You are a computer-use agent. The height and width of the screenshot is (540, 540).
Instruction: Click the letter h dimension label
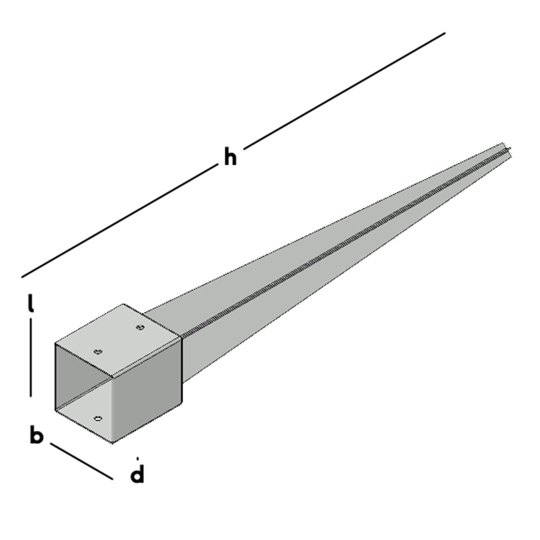[230, 157]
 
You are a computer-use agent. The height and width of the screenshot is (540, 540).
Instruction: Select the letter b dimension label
[36, 435]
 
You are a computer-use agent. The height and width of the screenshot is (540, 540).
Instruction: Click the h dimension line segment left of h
[119, 222]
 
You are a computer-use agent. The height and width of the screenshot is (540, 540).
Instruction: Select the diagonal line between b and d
[82, 461]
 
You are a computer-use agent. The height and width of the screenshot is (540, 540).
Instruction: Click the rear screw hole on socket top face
[140, 327]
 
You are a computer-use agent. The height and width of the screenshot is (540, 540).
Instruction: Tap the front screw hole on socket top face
[98, 352]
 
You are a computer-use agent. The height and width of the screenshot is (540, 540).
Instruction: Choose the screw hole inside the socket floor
[98, 418]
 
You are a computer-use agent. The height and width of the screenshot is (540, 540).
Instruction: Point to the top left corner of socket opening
[56, 343]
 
